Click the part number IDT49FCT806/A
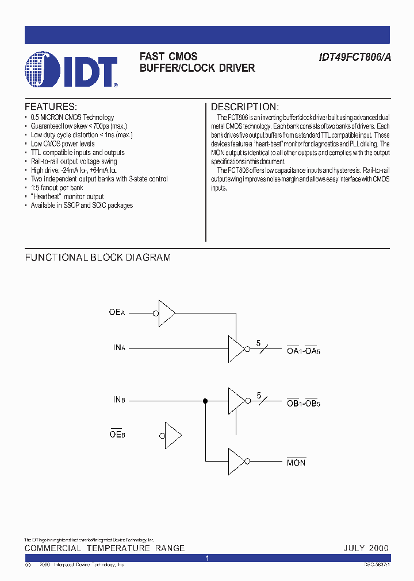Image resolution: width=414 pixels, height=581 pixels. (355, 57)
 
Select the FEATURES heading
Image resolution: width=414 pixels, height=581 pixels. (51, 107)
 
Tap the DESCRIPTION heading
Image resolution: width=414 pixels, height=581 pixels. (245, 107)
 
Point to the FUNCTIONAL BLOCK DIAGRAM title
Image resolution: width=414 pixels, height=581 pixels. (98, 258)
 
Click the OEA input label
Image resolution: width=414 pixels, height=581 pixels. (117, 313)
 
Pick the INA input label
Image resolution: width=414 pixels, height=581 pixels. (119, 348)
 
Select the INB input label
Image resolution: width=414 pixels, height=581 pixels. (119, 400)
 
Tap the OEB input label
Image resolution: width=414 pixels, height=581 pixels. (117, 434)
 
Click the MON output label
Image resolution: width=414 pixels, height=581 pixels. (296, 462)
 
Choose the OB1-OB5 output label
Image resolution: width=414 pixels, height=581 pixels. (303, 402)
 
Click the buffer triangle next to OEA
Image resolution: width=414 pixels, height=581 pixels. (166, 313)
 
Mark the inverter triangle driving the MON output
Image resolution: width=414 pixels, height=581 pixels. (236, 460)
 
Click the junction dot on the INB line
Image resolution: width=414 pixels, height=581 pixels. (205, 401)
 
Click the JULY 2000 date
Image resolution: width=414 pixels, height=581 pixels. (366, 548)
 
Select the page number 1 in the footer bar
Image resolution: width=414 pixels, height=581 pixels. (207, 558)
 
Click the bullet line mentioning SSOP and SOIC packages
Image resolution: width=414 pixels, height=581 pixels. (82, 206)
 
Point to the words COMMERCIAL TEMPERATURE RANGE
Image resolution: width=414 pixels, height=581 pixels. (105, 548)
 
